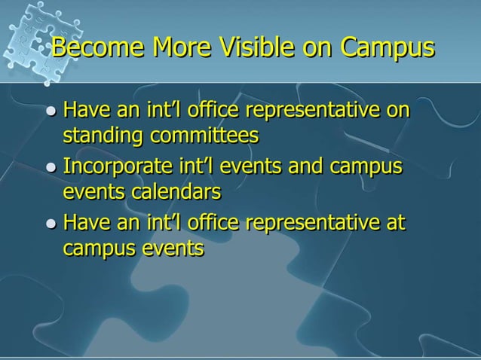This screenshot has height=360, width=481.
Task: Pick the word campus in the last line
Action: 95,249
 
